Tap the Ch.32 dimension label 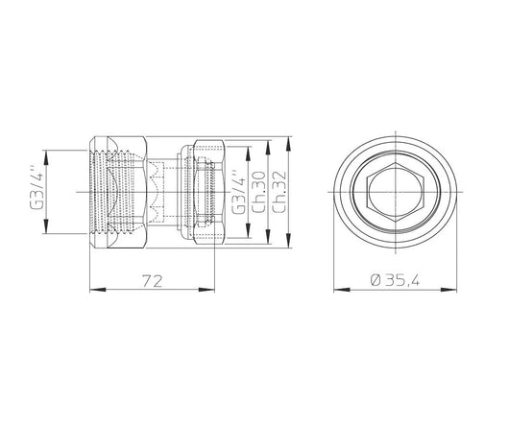click(279, 191)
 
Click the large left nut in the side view click(120, 190)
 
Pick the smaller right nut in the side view click(209, 190)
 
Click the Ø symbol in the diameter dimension click(374, 279)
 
